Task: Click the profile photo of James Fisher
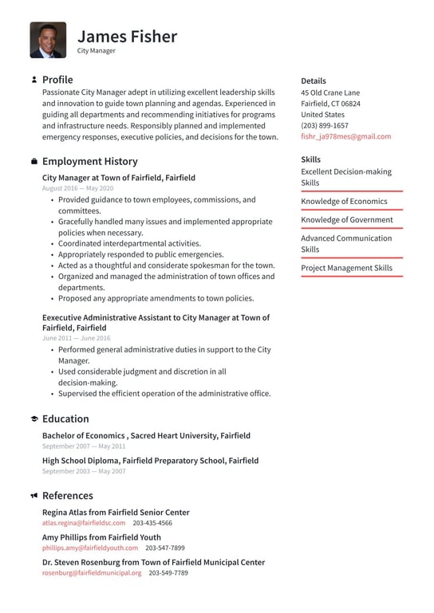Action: point(48,40)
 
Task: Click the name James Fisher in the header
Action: point(127,37)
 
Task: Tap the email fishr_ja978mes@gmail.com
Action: point(345,136)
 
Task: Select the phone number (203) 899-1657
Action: point(324,125)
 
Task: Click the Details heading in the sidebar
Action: point(313,81)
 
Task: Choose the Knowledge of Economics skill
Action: point(343,201)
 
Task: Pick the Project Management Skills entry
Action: point(346,268)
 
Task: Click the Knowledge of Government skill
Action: point(346,219)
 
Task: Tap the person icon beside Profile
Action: point(34,80)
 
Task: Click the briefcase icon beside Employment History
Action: point(34,161)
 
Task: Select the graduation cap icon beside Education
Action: point(34,418)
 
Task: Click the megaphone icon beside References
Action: point(34,496)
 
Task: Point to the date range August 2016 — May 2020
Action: point(77,188)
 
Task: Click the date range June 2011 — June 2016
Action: point(76,338)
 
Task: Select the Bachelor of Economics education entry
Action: point(146,436)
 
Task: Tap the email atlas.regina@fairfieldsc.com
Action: point(84,523)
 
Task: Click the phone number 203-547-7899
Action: point(164,548)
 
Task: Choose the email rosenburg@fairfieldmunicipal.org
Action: point(92,572)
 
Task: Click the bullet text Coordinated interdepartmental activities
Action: point(129,243)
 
